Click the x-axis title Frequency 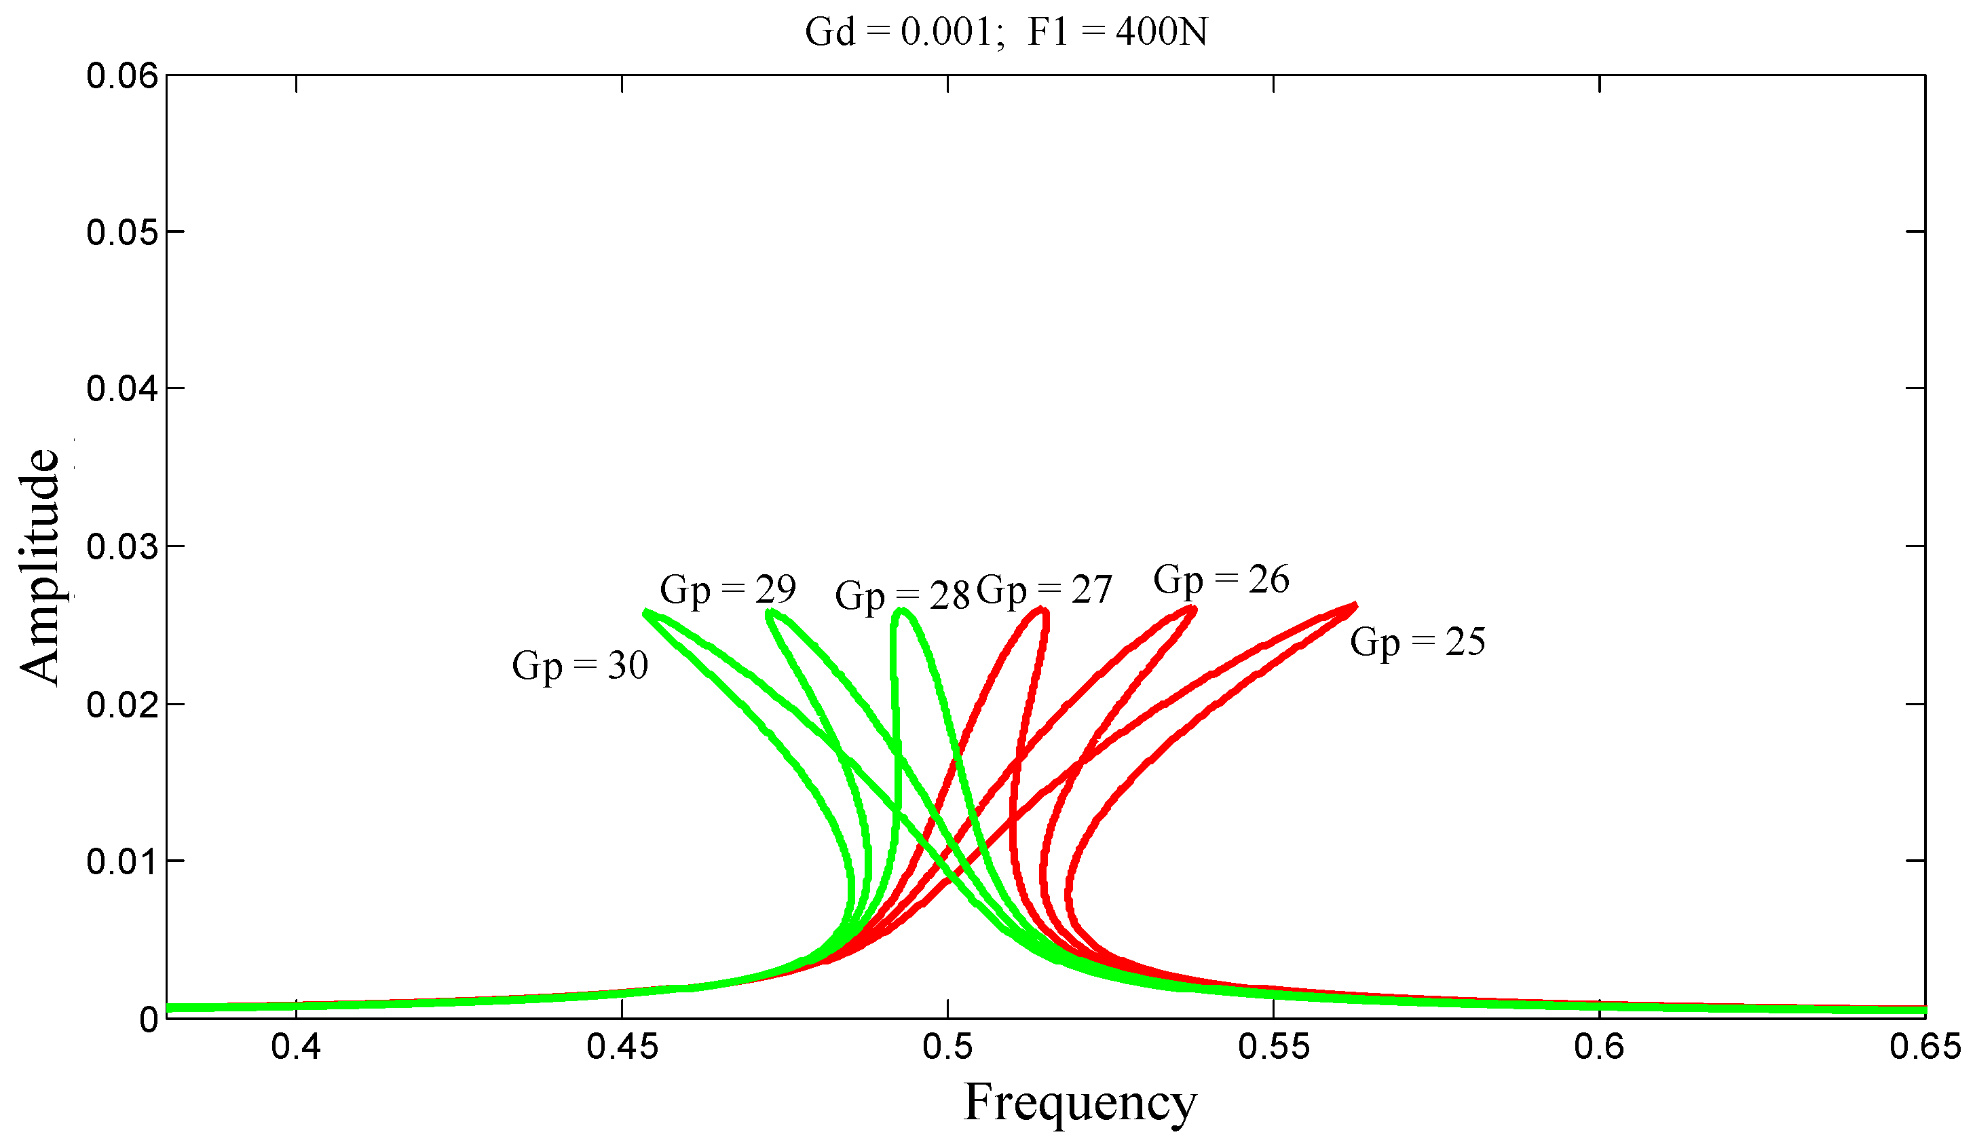[1079, 1102]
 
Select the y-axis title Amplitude [39, 566]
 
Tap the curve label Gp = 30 [580, 666]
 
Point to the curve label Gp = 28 [902, 596]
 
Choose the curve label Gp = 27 [1044, 590]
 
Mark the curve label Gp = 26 [1220, 580]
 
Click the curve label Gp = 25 [1417, 642]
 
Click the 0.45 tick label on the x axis [622, 1047]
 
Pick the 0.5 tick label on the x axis [947, 1047]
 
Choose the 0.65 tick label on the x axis [1924, 1047]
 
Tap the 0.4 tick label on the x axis [296, 1047]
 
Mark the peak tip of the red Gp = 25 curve [1355, 605]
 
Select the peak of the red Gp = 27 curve [1042, 608]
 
